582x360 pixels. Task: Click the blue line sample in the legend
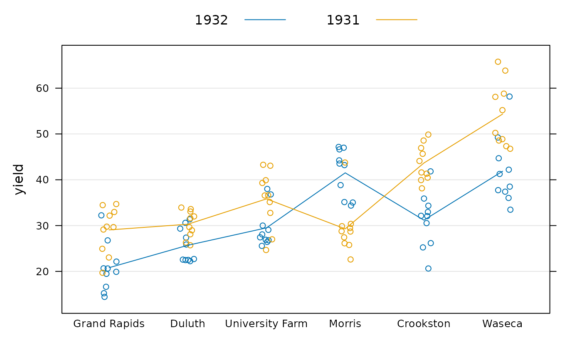265,20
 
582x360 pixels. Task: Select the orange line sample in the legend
397,20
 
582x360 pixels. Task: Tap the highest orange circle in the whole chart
498,62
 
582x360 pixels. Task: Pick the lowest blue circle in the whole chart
104,297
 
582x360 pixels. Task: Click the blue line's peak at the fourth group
345,173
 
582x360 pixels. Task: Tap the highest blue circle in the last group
510,96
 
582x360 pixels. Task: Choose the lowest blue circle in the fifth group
428,269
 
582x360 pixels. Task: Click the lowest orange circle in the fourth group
350,259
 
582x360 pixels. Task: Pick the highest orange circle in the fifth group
428,135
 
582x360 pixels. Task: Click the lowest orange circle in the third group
266,250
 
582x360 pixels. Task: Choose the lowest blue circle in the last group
510,210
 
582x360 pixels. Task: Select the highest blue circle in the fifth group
431,171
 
